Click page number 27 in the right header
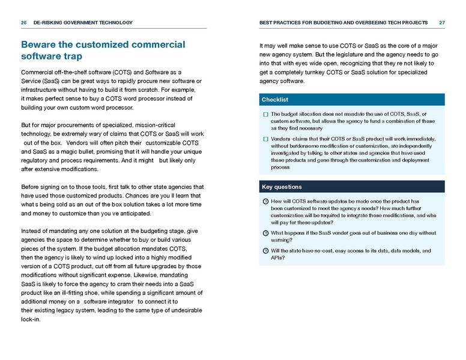(x=442, y=23)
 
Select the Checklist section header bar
(x=352, y=100)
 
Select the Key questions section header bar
(x=352, y=187)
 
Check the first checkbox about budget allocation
(x=265, y=114)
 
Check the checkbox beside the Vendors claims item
(x=265, y=139)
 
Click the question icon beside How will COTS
(x=265, y=201)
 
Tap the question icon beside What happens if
(x=265, y=233)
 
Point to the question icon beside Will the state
(x=265, y=251)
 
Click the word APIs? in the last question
(x=278, y=258)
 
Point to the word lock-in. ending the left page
(x=32, y=320)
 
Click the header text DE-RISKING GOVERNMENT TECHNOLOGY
(x=83, y=23)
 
